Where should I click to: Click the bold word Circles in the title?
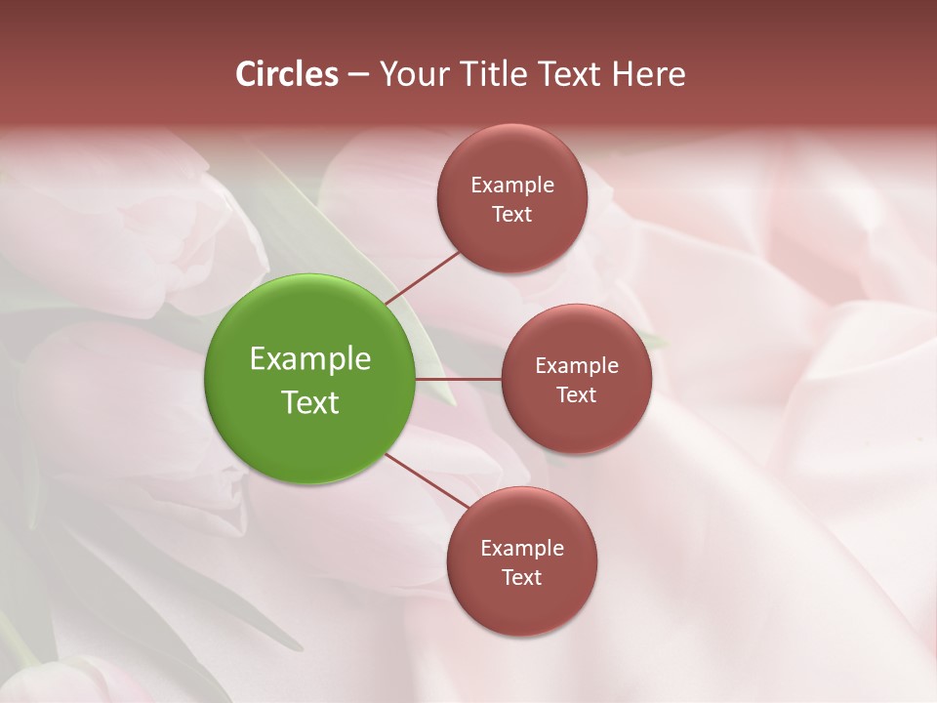tap(287, 74)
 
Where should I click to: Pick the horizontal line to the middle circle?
tap(458, 379)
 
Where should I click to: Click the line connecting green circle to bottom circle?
tap(428, 480)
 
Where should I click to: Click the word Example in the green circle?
tap(310, 359)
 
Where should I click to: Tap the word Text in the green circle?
tap(310, 402)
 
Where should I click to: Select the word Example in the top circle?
tap(512, 186)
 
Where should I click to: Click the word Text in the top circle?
tap(512, 215)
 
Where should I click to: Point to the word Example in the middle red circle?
tap(577, 366)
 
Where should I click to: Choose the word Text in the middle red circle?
tap(577, 395)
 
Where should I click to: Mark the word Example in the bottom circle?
tap(522, 549)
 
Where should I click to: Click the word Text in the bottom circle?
tap(522, 578)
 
